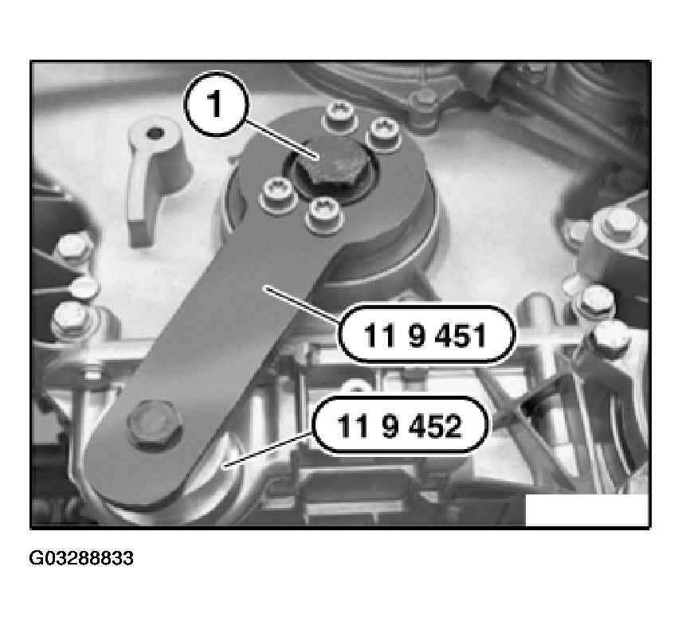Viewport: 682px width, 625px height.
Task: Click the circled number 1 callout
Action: point(216,105)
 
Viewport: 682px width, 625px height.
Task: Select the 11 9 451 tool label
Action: point(426,334)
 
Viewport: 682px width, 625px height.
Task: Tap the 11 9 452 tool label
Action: point(400,425)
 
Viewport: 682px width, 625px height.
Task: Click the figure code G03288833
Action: point(81,558)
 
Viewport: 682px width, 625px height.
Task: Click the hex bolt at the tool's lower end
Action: point(155,423)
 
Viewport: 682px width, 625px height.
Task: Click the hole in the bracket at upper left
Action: point(154,134)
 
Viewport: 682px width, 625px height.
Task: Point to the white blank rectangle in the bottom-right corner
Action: point(586,510)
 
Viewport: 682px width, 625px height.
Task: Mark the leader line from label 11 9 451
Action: point(302,304)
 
